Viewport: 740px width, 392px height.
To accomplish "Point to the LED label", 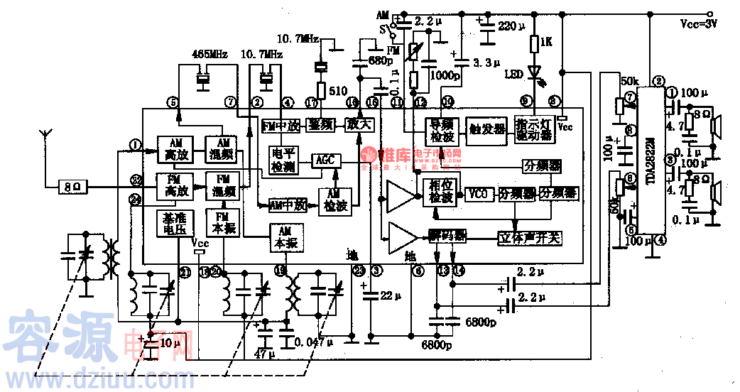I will point(513,73).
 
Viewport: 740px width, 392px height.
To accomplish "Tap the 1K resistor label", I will point(545,43).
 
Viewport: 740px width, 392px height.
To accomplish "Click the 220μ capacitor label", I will point(511,26).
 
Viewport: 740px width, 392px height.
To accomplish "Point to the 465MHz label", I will point(211,54).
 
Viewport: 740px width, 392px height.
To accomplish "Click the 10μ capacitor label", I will point(170,343).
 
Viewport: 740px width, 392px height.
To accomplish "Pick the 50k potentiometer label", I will point(629,80).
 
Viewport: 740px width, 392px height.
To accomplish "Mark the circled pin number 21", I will point(185,271).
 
